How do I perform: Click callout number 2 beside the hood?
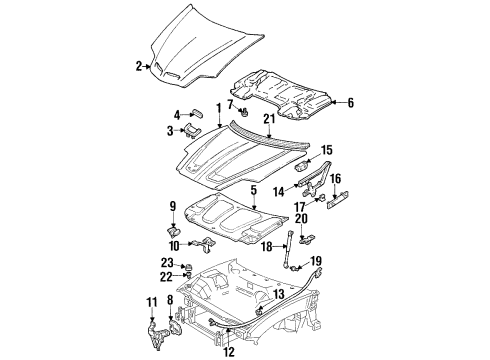[x=139, y=67]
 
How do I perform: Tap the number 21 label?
[x=268, y=121]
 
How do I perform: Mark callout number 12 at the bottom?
[x=230, y=351]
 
